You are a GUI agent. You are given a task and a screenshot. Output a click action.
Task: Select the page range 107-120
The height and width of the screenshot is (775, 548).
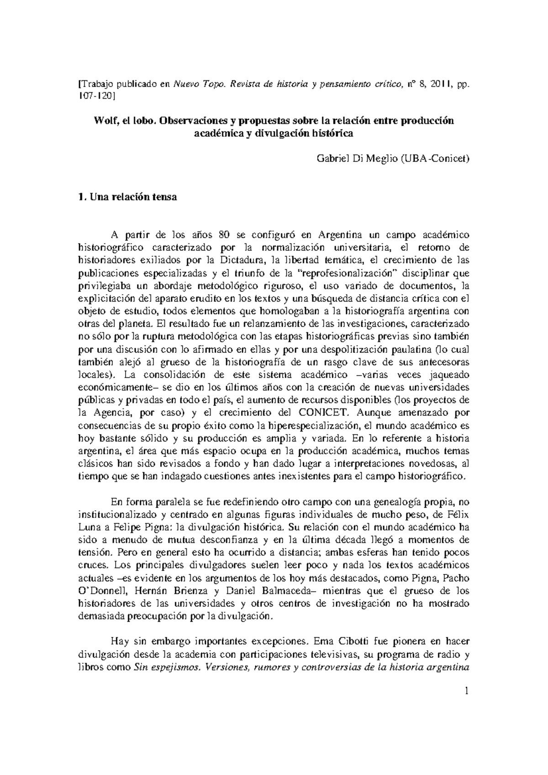pyautogui.click(x=95, y=96)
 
